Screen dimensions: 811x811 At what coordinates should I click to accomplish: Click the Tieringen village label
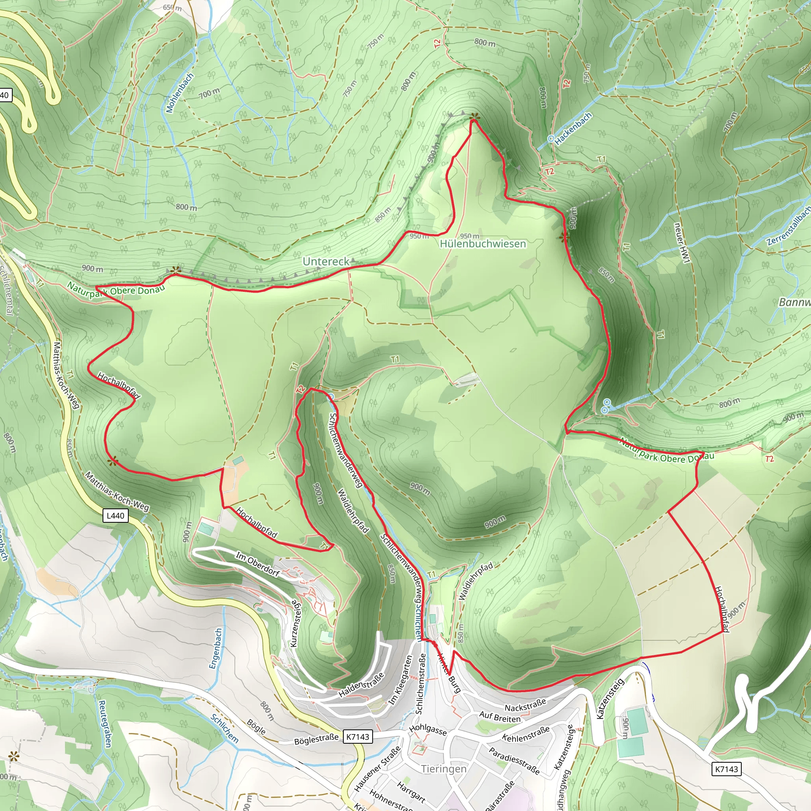point(444,769)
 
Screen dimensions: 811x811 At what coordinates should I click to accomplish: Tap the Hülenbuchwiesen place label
point(483,244)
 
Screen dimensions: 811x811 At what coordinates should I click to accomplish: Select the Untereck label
point(326,261)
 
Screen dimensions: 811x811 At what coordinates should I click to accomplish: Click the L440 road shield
point(116,516)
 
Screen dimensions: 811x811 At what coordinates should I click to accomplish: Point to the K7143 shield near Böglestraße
point(358,736)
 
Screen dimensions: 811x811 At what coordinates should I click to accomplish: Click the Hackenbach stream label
point(573,129)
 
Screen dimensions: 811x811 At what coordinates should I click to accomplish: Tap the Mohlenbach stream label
point(180,93)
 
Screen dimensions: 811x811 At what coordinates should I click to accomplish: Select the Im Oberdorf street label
point(257,565)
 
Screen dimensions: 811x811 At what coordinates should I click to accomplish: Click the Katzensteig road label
point(610,699)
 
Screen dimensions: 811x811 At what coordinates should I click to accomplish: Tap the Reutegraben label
point(105,723)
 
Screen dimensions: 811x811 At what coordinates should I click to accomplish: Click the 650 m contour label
point(172,8)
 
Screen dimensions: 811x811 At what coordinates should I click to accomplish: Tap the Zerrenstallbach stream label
point(788,227)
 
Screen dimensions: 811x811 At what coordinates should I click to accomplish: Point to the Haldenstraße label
point(361,685)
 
